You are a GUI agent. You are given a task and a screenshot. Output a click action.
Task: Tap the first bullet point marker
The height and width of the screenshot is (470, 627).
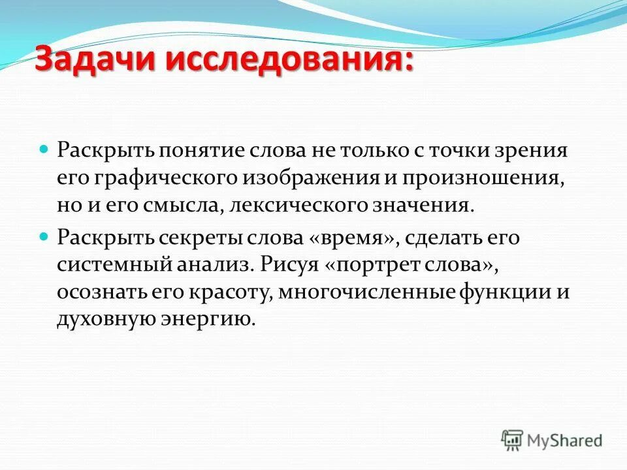pos(44,149)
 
